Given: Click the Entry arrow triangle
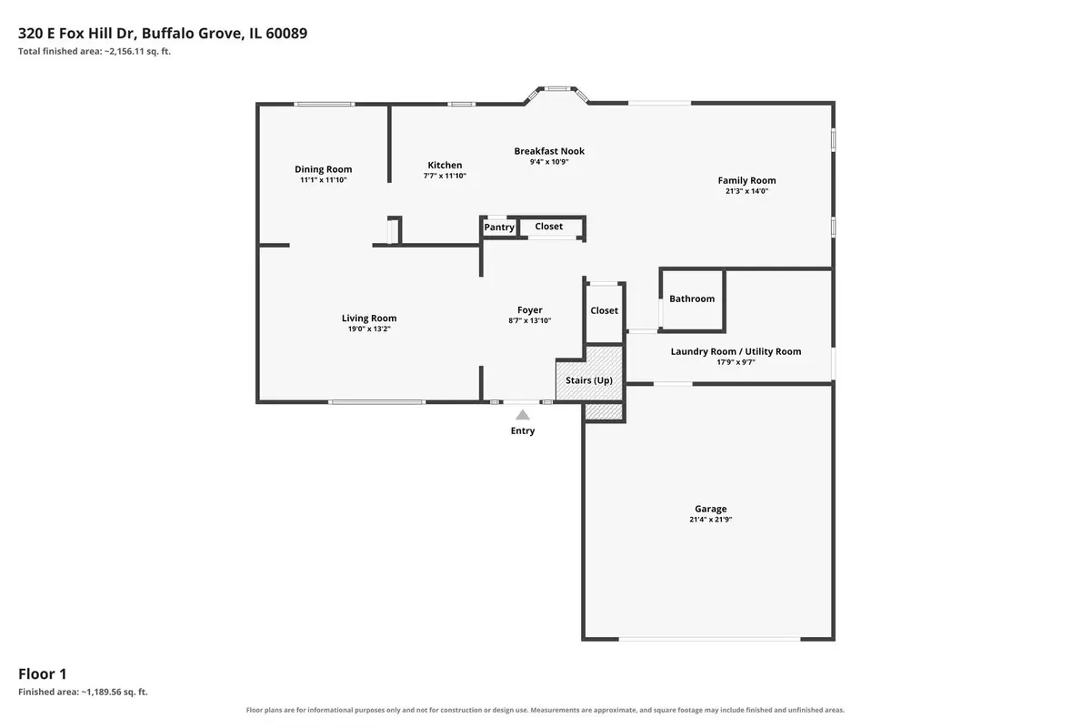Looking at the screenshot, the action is (523, 415).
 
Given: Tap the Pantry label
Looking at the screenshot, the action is (499, 227).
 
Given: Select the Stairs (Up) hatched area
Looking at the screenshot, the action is (589, 380).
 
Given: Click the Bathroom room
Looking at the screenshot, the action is (692, 299).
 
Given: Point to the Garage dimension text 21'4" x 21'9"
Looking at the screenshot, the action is (711, 520).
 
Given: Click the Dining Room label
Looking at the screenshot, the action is (324, 169).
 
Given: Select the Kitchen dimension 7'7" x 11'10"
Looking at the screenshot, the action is (445, 176).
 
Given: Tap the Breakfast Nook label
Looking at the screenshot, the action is (549, 151).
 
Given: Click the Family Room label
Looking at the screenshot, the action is (746, 181).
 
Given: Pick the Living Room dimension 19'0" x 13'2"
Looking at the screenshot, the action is (369, 329).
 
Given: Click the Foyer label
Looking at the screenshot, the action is (530, 310).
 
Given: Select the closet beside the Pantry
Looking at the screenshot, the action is (551, 227).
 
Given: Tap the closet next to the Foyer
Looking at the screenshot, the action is (605, 312).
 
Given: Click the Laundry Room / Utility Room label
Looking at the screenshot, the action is (736, 351).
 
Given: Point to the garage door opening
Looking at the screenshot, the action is (709, 638).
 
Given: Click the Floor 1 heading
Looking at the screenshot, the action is (43, 674).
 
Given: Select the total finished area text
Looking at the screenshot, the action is (95, 51).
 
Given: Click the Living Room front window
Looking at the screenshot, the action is (376, 402).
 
